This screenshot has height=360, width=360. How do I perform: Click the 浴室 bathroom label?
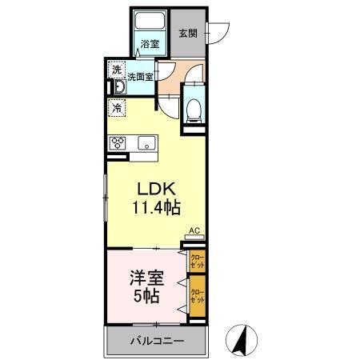click(150, 43)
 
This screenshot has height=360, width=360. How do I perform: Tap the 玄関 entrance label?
click(188, 34)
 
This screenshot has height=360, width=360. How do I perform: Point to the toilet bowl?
click(193, 109)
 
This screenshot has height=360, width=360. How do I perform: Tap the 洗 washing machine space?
click(118, 69)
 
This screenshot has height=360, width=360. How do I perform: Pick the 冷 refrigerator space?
click(118, 106)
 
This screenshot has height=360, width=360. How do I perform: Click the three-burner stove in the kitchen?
click(118, 143)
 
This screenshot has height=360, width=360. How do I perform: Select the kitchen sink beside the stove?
click(147, 143)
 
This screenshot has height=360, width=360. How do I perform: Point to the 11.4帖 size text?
click(157, 208)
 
